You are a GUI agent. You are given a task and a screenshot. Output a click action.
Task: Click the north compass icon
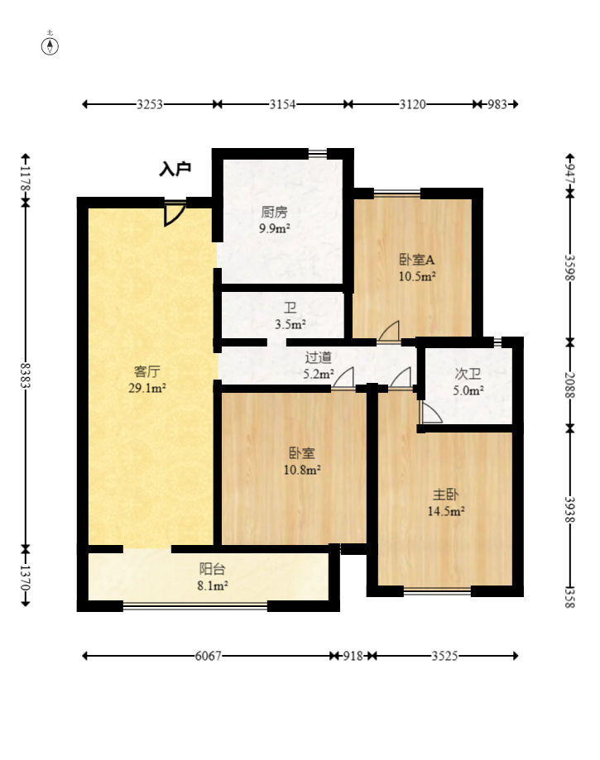click(50, 45)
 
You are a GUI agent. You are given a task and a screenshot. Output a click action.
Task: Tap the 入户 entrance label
click(175, 169)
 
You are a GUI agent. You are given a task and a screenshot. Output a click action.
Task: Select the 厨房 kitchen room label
click(274, 212)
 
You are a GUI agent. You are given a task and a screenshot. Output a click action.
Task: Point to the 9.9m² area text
click(274, 228)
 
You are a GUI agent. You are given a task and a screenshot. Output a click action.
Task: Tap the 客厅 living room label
click(148, 370)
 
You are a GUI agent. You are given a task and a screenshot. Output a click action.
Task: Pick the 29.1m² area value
click(148, 386)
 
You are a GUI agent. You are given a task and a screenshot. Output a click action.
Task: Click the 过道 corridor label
click(319, 357)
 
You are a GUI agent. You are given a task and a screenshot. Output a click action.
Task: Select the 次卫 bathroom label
click(468, 374)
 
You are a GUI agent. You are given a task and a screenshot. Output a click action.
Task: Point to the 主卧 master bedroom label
click(445, 495)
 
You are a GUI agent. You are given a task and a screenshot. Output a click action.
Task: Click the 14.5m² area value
click(445, 511)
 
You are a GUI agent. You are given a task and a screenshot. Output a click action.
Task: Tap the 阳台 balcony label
click(212, 569)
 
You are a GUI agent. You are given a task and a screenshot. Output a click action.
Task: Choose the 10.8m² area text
click(302, 469)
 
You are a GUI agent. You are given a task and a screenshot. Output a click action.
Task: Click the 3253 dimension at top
click(150, 104)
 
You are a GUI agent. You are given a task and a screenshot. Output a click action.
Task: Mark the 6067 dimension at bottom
click(209, 656)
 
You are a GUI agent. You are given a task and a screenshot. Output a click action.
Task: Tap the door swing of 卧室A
click(388, 331)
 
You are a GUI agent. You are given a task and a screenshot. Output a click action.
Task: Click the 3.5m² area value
click(290, 324)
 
